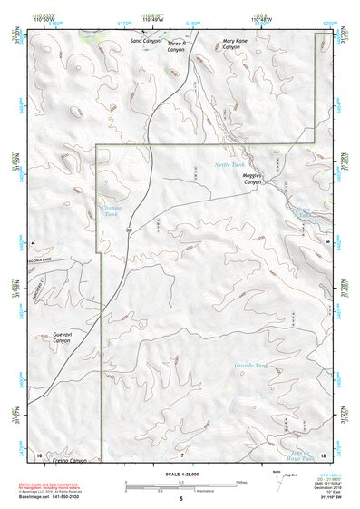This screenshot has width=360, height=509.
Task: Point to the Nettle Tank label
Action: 229,165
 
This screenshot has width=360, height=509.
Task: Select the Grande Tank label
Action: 251,366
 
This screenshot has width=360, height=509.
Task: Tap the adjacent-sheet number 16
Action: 39,453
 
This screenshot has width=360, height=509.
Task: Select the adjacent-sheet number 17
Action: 180,454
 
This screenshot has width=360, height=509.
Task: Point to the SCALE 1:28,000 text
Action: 180,475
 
